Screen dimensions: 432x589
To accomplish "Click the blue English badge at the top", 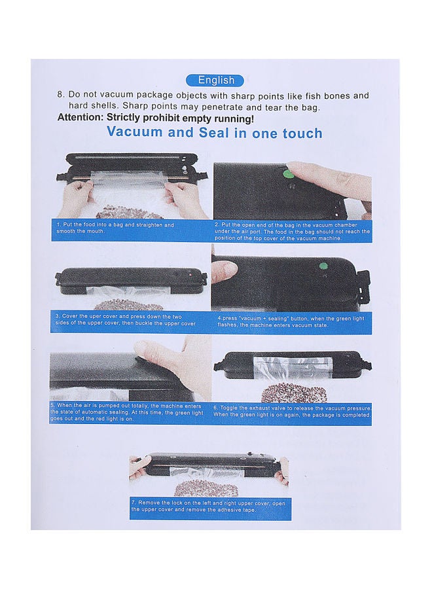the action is coord(215,80).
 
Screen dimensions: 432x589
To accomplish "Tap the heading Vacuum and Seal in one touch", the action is coord(215,133).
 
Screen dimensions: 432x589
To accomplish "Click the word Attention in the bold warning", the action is coord(80,118).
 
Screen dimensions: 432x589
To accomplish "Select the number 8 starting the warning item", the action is coord(60,94).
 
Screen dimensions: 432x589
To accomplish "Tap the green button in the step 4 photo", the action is coord(323,267).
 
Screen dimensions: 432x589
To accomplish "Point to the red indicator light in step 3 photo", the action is coord(190,276).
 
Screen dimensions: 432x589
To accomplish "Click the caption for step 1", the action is coord(116,228).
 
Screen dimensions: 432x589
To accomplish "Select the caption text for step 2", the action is coord(292,231).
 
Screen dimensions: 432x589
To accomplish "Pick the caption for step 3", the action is coord(126,319).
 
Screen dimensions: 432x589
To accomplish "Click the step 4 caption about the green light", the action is coord(291,321).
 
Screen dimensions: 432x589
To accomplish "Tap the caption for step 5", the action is coord(126,412).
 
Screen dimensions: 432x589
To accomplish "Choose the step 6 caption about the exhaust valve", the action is coord(292,412).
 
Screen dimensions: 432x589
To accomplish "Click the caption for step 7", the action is coord(208,506).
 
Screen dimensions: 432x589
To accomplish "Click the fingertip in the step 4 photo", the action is coord(225,270).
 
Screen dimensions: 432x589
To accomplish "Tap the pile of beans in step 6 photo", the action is coord(286,393).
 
